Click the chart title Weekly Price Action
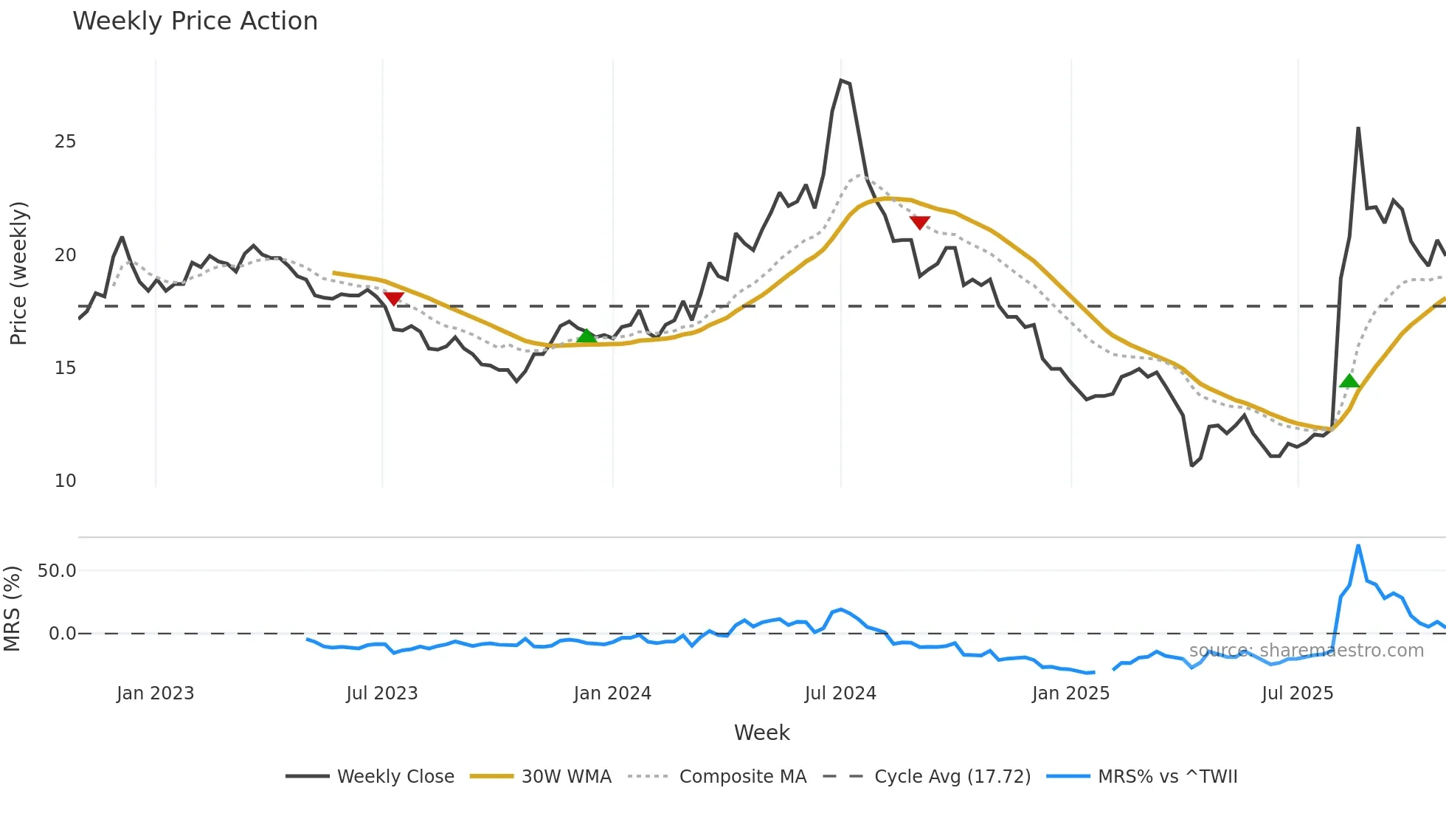pyautogui.click(x=195, y=21)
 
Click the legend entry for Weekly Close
pyautogui.click(x=395, y=777)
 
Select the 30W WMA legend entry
pyautogui.click(x=566, y=777)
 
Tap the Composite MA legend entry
pyautogui.click(x=742, y=777)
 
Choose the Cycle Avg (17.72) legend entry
pyautogui.click(x=952, y=777)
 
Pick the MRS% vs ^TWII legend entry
pyautogui.click(x=1167, y=777)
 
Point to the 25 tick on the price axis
pyautogui.click(x=65, y=142)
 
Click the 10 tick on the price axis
pyautogui.click(x=65, y=481)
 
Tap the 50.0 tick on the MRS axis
pyautogui.click(x=57, y=571)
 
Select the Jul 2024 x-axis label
pyautogui.click(x=840, y=693)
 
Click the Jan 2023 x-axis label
pyautogui.click(x=155, y=693)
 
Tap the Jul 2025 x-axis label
pyautogui.click(x=1297, y=693)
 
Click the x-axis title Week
pyautogui.click(x=761, y=733)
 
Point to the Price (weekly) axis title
pyautogui.click(x=18, y=273)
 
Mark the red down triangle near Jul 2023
pyautogui.click(x=394, y=298)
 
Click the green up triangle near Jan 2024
pyautogui.click(x=587, y=336)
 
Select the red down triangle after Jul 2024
pyautogui.click(x=919, y=222)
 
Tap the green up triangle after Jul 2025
pyautogui.click(x=1349, y=381)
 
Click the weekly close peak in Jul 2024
pyautogui.click(x=842, y=80)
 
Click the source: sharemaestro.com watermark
pyautogui.click(x=1306, y=651)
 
